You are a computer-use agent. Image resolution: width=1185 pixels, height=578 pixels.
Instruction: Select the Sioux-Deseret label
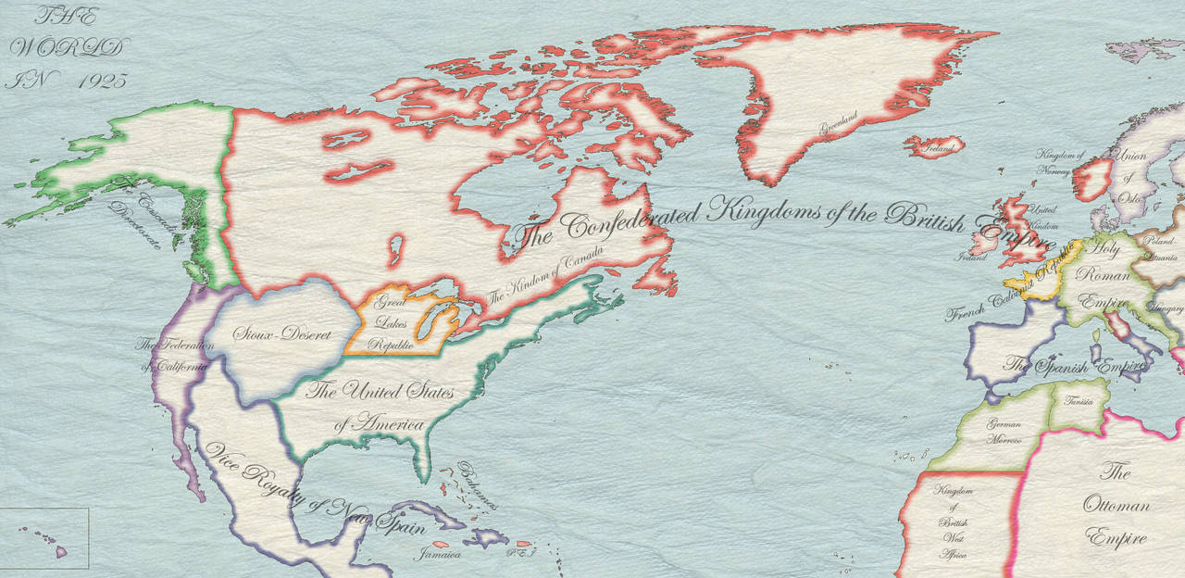click(x=281, y=333)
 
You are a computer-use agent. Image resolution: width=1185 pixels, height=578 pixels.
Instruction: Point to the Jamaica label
click(x=439, y=555)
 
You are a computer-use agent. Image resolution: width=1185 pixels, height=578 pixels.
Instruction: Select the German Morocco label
click(x=1004, y=432)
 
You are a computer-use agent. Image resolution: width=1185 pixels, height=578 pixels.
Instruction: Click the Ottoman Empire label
click(x=1116, y=506)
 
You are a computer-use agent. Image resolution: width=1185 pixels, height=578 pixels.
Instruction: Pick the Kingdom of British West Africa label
click(x=954, y=522)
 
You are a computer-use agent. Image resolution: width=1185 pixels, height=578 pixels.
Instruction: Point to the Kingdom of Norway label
click(x=1059, y=163)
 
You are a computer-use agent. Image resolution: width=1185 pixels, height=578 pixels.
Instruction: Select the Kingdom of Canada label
click(x=546, y=272)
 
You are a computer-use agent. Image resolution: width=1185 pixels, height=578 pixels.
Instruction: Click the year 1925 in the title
click(x=103, y=81)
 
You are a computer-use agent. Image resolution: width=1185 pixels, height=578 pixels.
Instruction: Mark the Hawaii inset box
click(x=44, y=537)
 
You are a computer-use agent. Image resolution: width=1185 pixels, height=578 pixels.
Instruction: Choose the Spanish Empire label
click(x=1069, y=364)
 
